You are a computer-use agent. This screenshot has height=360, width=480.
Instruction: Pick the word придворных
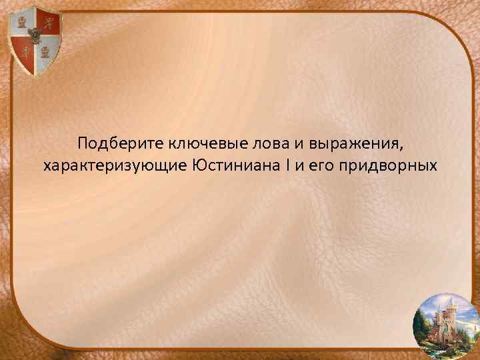click(387, 165)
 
